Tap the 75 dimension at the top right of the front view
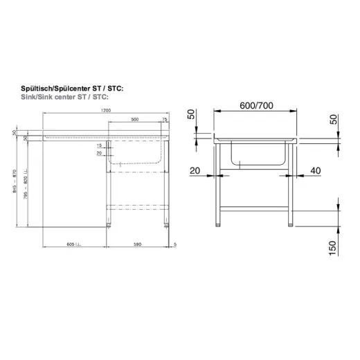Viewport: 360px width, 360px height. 165,120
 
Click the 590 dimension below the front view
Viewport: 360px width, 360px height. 137,244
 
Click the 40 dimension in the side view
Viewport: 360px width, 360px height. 316,170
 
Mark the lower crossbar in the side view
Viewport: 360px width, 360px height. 254,210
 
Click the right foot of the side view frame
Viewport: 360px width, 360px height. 289,223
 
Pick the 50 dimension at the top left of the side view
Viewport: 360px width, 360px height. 192,115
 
